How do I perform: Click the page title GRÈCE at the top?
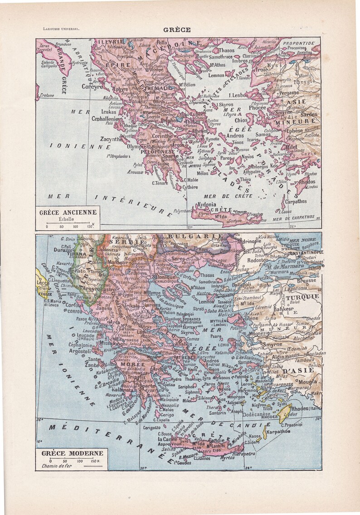(x=180, y=30)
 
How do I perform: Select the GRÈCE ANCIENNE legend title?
(x=68, y=212)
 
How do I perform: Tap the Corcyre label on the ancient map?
(x=92, y=87)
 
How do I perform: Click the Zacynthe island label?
(x=111, y=139)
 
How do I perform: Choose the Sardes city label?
(x=308, y=115)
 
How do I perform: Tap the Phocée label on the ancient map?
(x=258, y=107)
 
